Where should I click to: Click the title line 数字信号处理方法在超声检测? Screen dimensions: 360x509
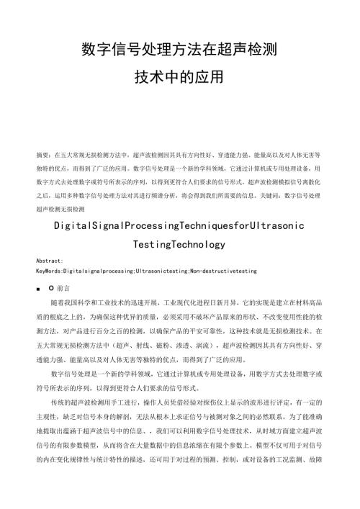pos(180,51)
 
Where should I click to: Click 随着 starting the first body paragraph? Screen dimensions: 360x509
pos(58,302)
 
